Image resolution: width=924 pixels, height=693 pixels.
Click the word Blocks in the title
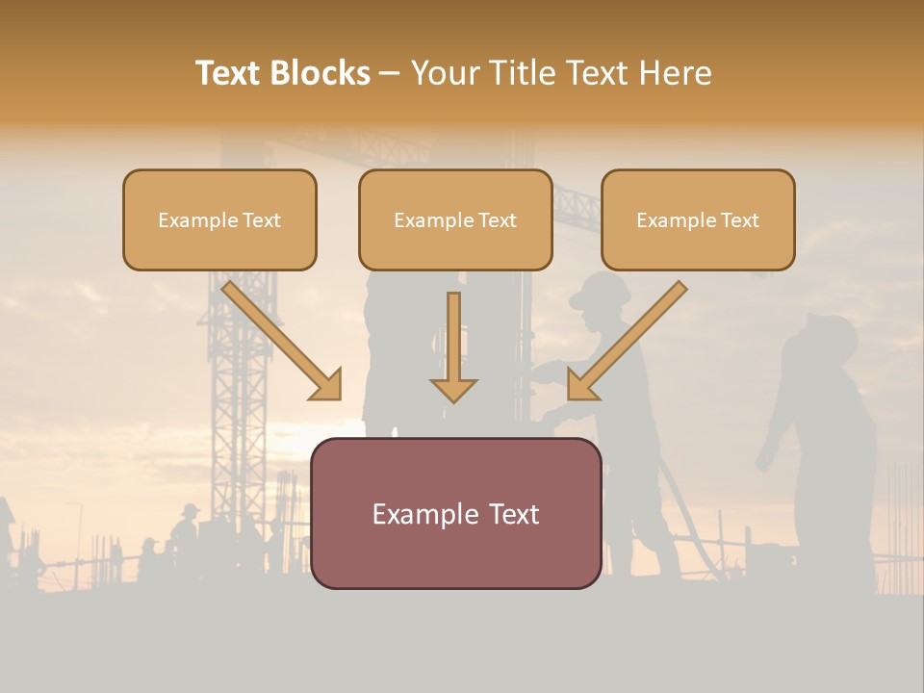click(x=319, y=73)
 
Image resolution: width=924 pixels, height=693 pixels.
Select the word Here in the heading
click(x=677, y=73)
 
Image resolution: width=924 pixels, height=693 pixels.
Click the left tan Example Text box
click(x=219, y=219)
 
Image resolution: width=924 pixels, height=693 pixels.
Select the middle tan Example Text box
click(x=455, y=219)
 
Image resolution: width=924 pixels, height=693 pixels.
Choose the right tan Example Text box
click(x=698, y=219)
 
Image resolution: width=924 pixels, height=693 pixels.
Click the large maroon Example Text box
click(x=456, y=513)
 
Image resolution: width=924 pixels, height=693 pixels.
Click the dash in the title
click(x=390, y=73)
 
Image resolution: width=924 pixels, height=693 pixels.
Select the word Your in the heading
click(x=446, y=73)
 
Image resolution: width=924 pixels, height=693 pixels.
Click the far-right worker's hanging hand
click(x=764, y=459)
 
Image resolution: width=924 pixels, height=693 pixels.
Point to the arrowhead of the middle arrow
click(x=453, y=389)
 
